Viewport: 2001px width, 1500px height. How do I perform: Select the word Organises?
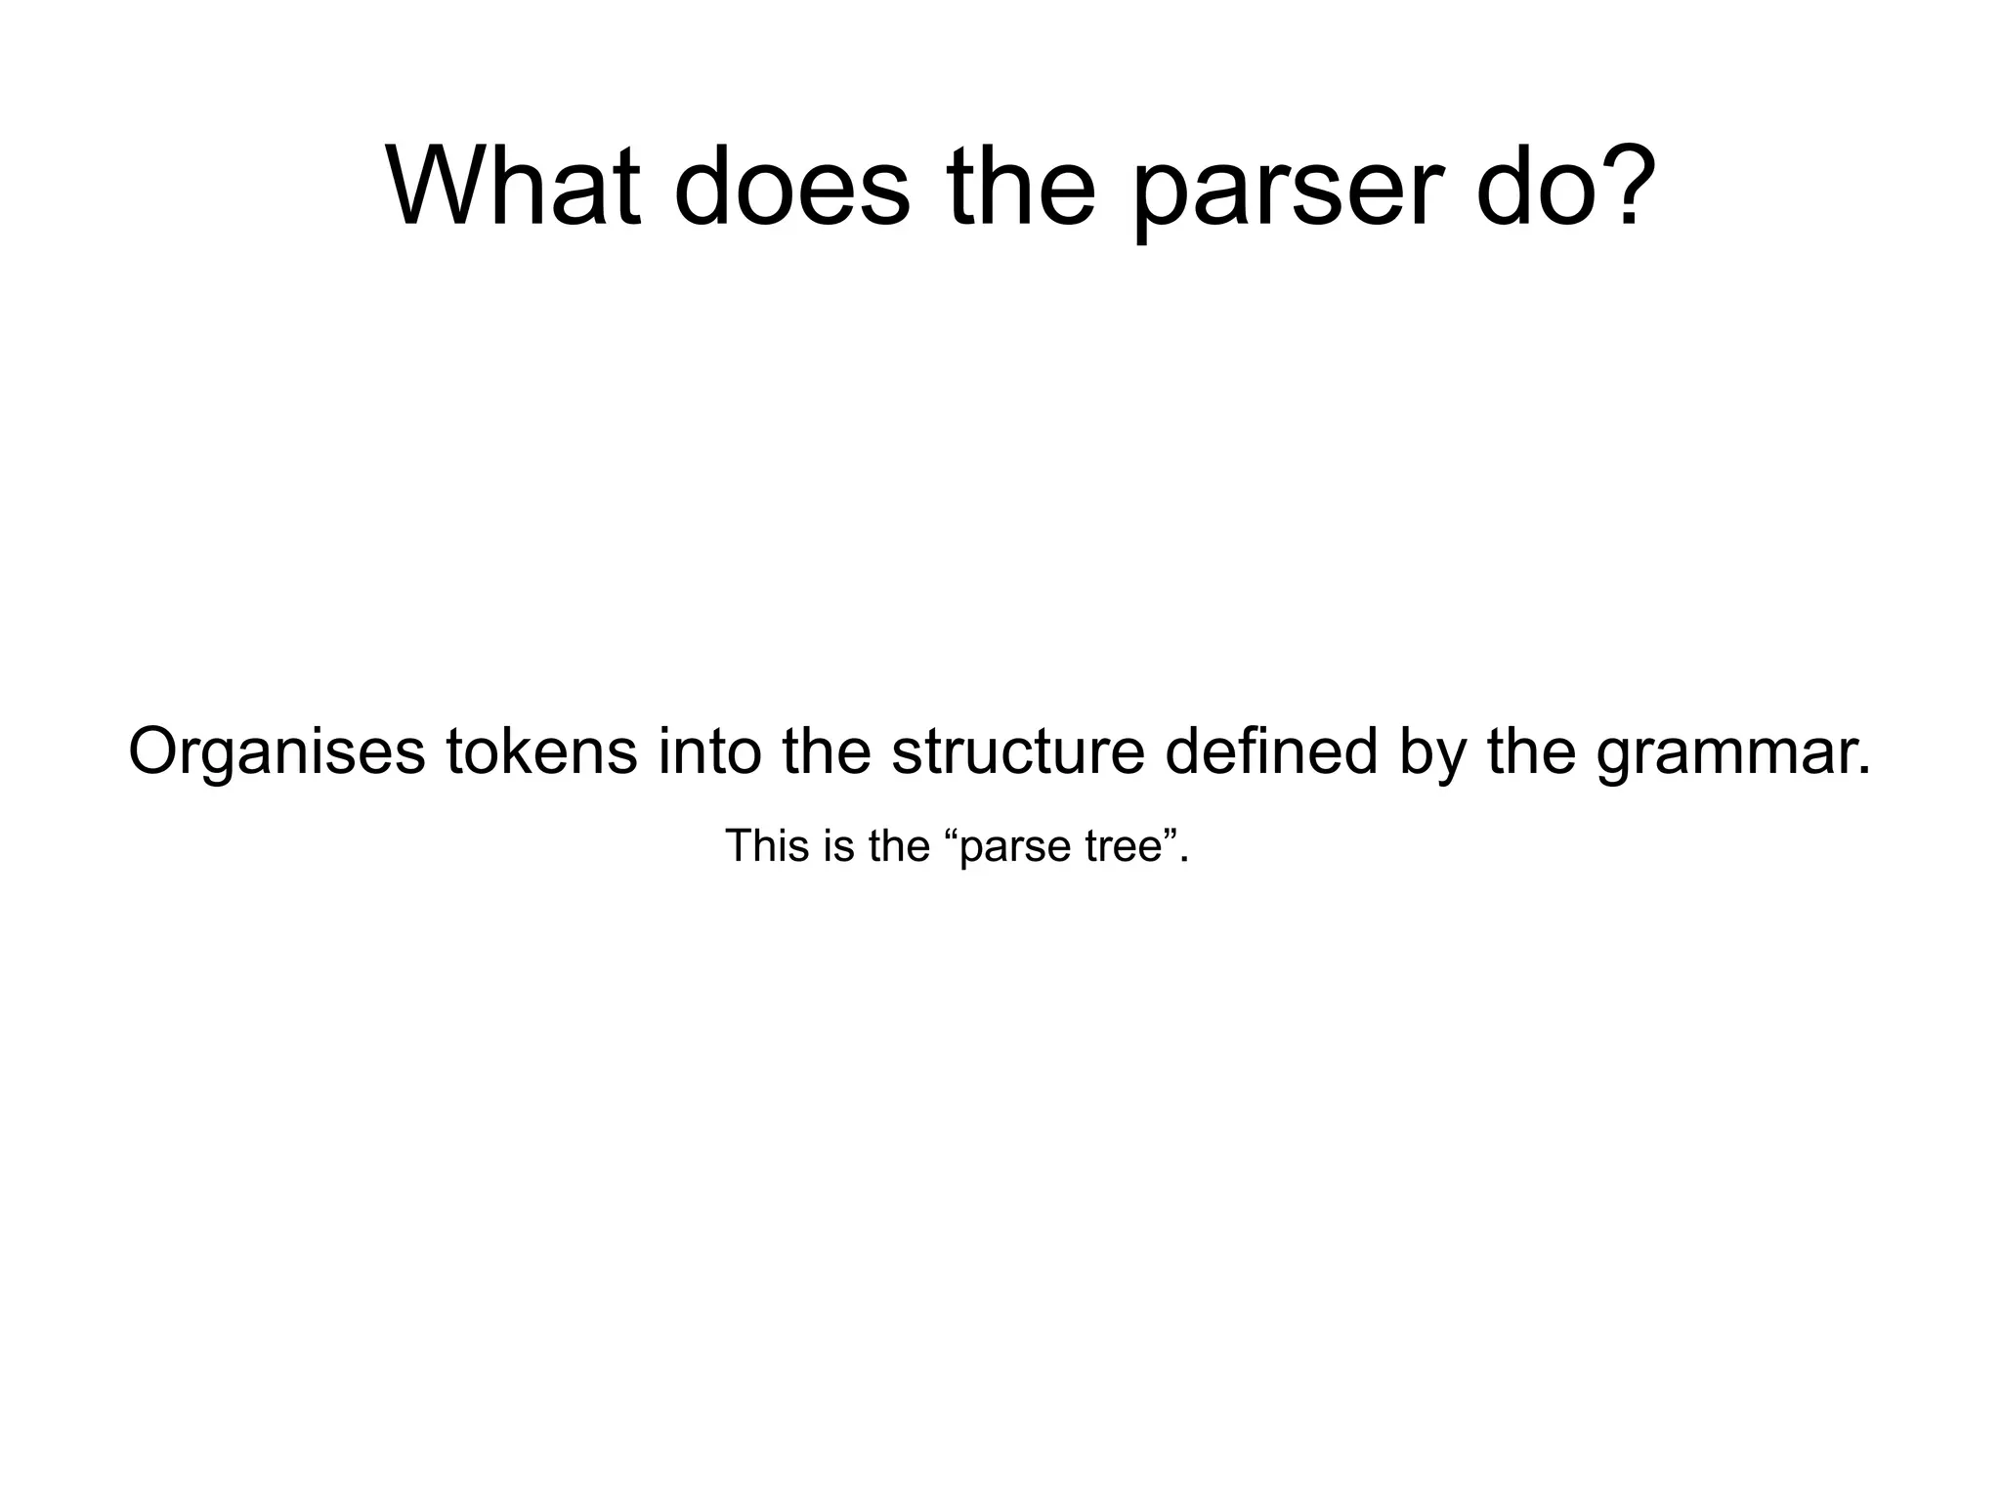[277, 752]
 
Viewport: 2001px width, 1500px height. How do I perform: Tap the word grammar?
[1734, 754]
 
